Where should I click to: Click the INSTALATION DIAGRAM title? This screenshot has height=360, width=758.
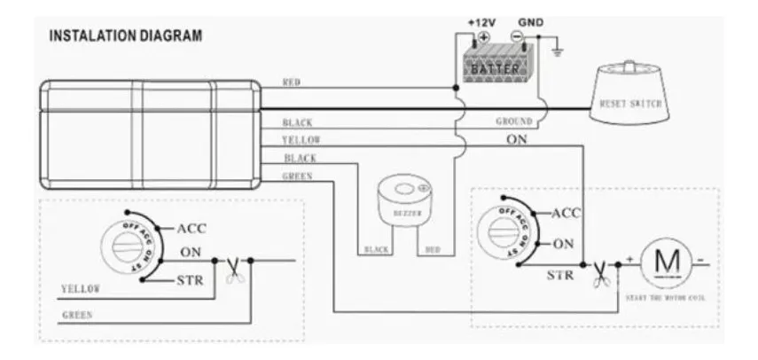click(x=125, y=37)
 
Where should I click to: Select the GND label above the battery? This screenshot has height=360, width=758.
click(x=529, y=20)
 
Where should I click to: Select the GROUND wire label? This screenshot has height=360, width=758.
click(x=513, y=121)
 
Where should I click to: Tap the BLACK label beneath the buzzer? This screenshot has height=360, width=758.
click(x=378, y=250)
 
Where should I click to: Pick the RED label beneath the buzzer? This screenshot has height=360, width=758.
click(x=434, y=250)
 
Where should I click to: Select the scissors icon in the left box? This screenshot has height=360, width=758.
click(x=232, y=268)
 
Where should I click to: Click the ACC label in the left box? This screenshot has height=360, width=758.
click(x=191, y=229)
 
